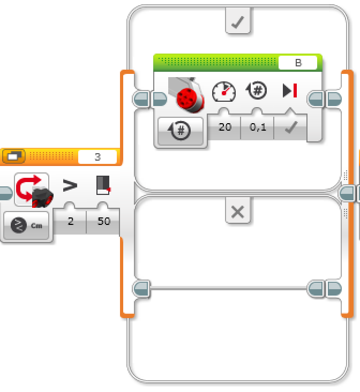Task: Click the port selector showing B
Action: [298, 63]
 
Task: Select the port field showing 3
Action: [97, 157]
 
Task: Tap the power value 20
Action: [225, 128]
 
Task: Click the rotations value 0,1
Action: [258, 128]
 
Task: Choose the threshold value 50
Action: [104, 221]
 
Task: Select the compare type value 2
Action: [71, 221]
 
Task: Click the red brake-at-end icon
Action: [290, 91]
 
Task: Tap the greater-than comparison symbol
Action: [70, 186]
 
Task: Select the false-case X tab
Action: [237, 213]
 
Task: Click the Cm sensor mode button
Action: [27, 226]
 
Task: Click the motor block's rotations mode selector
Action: [181, 131]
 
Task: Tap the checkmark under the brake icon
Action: [290, 129]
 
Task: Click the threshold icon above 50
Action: [103, 185]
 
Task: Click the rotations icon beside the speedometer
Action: [257, 91]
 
